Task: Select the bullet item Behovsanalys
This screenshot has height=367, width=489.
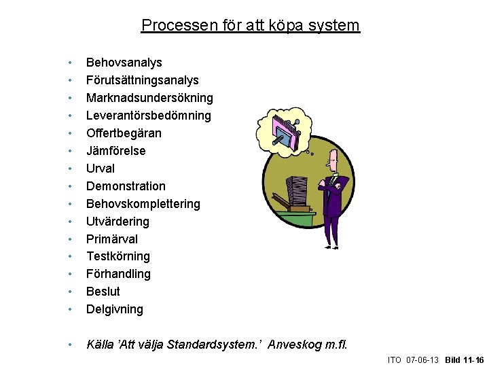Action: click(x=124, y=63)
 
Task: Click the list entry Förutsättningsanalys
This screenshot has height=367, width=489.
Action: click(x=142, y=80)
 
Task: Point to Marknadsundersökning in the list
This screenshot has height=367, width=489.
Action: click(x=149, y=98)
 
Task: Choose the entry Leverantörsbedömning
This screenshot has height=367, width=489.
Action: click(x=148, y=116)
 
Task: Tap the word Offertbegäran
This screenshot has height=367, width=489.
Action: click(x=124, y=133)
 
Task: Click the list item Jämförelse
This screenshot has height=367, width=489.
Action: click(x=115, y=151)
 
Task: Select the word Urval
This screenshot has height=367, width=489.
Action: click(x=101, y=169)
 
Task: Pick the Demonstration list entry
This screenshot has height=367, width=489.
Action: click(x=126, y=186)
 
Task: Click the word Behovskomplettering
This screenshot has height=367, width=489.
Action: click(x=143, y=204)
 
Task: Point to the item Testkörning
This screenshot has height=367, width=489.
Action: click(x=118, y=256)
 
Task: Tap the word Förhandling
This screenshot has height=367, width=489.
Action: click(x=118, y=274)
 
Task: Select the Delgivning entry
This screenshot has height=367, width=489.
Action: click(x=115, y=309)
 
